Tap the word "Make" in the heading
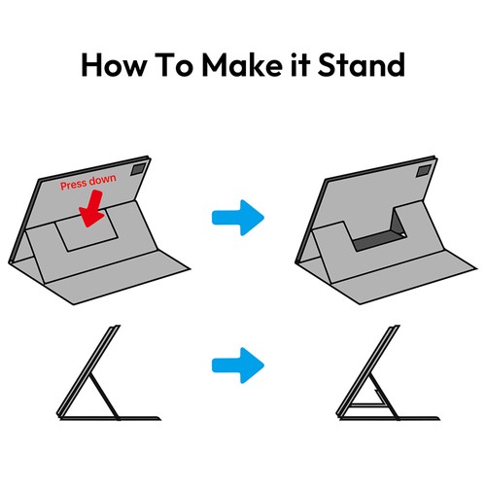pos(242,65)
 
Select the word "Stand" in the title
pos(362,65)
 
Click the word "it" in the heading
pos(300,65)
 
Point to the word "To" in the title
pos(174,65)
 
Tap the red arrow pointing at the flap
pos(91,208)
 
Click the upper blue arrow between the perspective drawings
pos(238,218)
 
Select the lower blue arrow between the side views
pos(238,365)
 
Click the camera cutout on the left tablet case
pos(139,169)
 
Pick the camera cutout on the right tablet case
pos(425,170)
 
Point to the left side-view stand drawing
pos(109,372)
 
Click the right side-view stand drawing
pos(388,372)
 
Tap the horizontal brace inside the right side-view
pos(367,404)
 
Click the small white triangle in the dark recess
pos(402,234)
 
